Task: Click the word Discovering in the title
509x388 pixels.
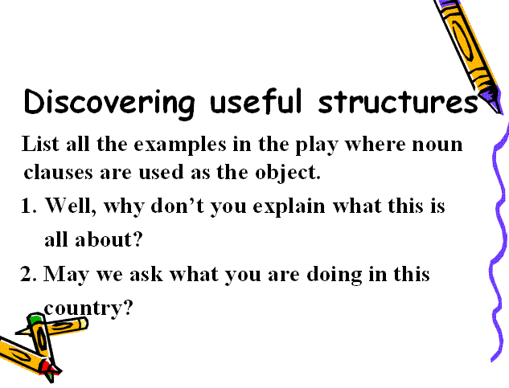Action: [x=109, y=102]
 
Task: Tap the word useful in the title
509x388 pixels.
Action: [x=257, y=100]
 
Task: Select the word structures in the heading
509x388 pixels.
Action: [x=398, y=101]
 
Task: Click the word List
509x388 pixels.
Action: [x=40, y=143]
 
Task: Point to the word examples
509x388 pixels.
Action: [x=180, y=145]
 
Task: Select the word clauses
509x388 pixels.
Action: [x=59, y=173]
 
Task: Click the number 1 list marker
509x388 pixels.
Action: [x=27, y=206]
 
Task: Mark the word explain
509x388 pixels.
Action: [x=289, y=207]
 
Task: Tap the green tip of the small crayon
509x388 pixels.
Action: [x=35, y=319]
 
